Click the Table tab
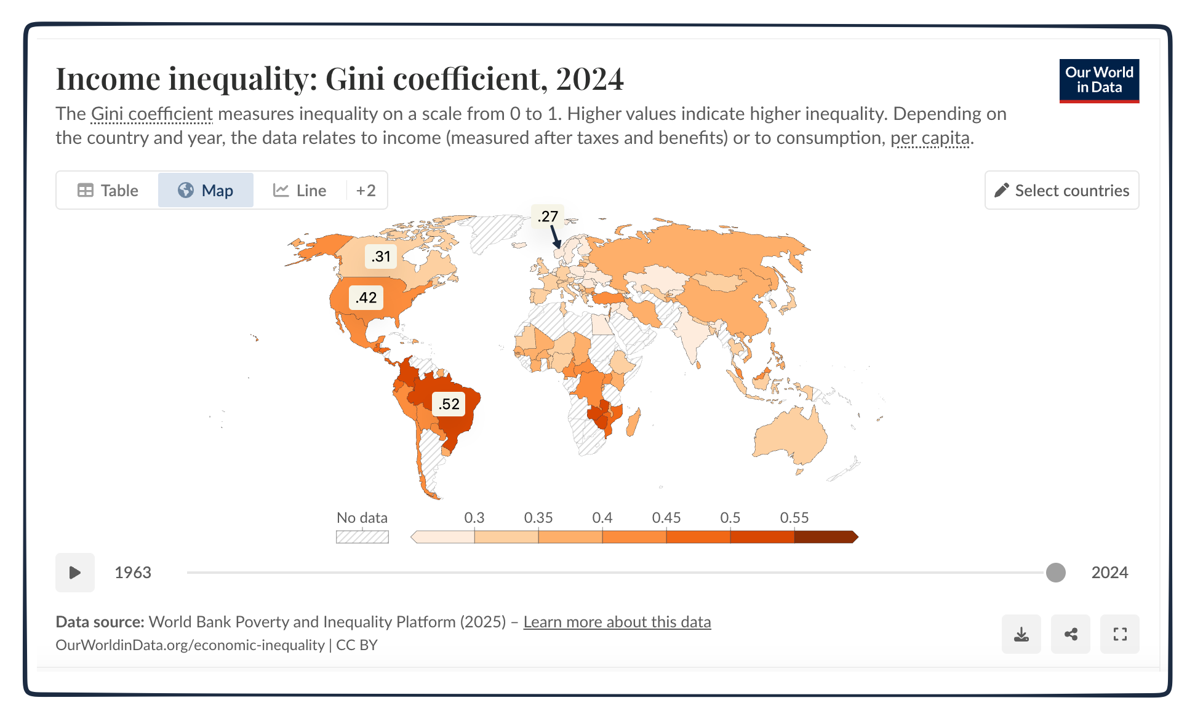click(108, 191)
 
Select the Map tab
click(206, 191)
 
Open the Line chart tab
click(300, 191)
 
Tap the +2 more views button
click(366, 191)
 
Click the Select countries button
click(1061, 191)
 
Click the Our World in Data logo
click(1098, 81)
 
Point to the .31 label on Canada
click(381, 256)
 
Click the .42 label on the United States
click(366, 298)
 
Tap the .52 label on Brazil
click(449, 404)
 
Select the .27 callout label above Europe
click(547, 216)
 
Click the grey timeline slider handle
click(1055, 573)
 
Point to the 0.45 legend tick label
click(666, 518)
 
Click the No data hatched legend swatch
click(362, 537)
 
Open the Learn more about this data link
click(617, 622)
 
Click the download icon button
click(1021, 634)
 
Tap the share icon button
click(1070, 634)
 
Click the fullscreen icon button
click(1119, 634)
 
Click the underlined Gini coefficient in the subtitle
click(151, 114)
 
